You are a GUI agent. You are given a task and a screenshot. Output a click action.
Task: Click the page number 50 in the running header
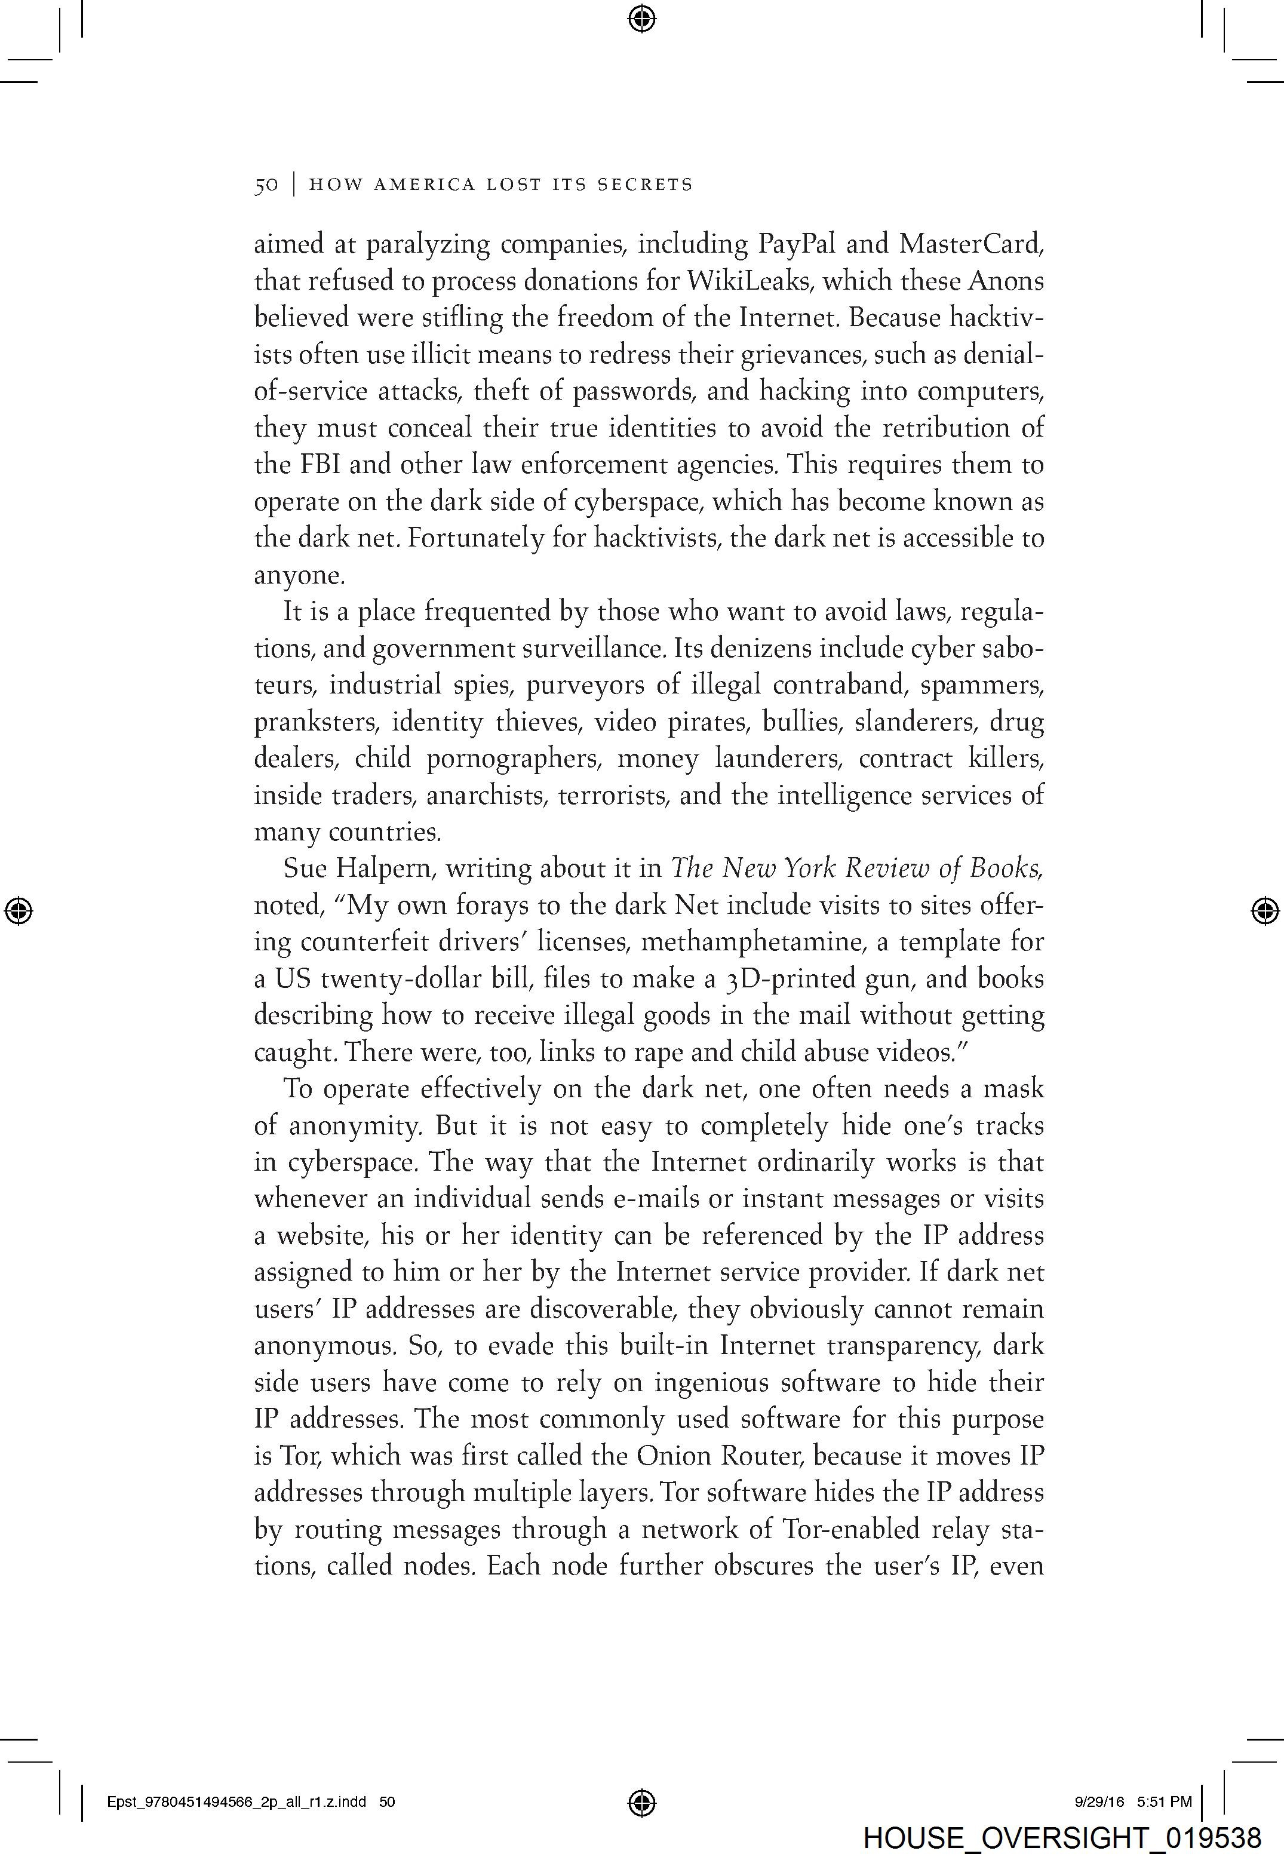pos(266,185)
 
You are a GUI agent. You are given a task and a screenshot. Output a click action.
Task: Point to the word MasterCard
pos(971,244)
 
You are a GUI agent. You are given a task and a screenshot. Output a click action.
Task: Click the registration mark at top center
pos(641,18)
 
